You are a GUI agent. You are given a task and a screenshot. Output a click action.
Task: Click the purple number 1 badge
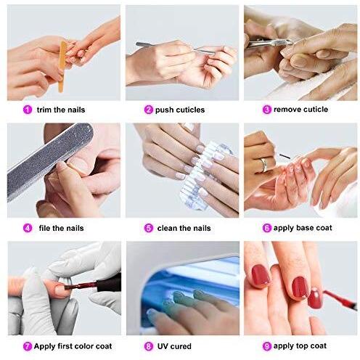pos(28,110)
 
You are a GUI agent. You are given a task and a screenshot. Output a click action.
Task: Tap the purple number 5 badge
pos(149,228)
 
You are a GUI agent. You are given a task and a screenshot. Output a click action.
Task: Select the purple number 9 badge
pos(267,346)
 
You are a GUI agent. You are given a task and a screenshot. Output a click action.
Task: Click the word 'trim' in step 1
pos(44,110)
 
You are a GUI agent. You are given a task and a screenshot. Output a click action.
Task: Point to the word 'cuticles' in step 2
pos(190,110)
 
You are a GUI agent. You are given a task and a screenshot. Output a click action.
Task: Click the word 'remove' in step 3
pos(287,110)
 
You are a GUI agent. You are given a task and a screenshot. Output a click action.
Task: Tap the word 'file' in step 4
pos(45,228)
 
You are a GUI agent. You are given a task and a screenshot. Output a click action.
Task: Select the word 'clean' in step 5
pos(167,228)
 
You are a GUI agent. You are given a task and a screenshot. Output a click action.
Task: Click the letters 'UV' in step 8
pos(163,346)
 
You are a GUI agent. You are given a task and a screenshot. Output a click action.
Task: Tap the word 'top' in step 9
pos(302,346)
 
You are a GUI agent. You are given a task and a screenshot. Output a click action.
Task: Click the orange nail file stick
pos(62,67)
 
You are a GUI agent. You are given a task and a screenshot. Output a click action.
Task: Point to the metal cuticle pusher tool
pos(176,48)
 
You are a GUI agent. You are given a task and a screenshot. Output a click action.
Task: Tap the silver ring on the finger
pos(264,165)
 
